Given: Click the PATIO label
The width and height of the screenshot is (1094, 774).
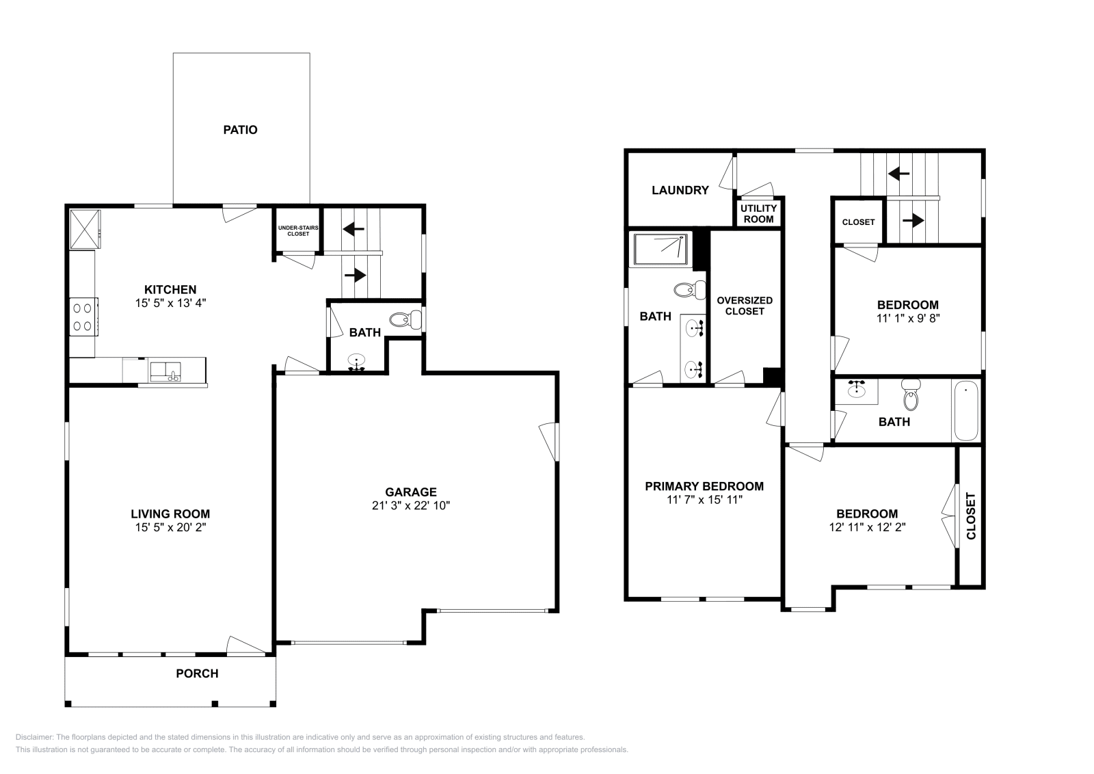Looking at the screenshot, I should pos(240,129).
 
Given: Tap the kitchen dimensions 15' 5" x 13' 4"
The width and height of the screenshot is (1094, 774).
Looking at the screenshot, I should pos(170,303).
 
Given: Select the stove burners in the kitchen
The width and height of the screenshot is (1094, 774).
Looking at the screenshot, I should pos(83,317).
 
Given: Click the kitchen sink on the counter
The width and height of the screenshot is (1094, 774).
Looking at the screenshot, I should pos(165,371).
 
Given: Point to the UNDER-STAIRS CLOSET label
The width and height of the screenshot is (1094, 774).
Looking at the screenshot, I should pos(293,230).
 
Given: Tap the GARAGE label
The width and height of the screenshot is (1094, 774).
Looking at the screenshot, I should pos(410,492).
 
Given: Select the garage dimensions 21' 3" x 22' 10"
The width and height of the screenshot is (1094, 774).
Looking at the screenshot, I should pos(410,506).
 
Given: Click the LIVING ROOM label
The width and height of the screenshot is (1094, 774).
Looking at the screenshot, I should pos(170,513).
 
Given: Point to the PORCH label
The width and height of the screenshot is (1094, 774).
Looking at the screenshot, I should pos(197,673).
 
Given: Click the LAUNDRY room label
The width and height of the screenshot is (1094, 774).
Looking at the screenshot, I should pos(680,190).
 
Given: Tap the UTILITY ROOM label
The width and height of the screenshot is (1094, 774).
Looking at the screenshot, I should pos(758,213).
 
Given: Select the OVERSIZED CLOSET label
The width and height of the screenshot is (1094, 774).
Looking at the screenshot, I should pos(745,306).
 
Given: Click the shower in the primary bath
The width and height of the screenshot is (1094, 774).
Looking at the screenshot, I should pos(660,250).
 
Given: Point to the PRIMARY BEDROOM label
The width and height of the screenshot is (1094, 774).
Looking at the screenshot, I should pos(704,486).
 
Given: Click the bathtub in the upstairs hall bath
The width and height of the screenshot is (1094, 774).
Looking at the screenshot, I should pos(965,410).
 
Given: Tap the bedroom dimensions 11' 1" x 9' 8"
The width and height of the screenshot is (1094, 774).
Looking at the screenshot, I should pos(908,318).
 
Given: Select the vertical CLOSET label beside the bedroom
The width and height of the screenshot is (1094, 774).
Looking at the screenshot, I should pos(971,516).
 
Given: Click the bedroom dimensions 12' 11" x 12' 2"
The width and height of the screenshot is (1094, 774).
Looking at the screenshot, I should pos(867,527).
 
